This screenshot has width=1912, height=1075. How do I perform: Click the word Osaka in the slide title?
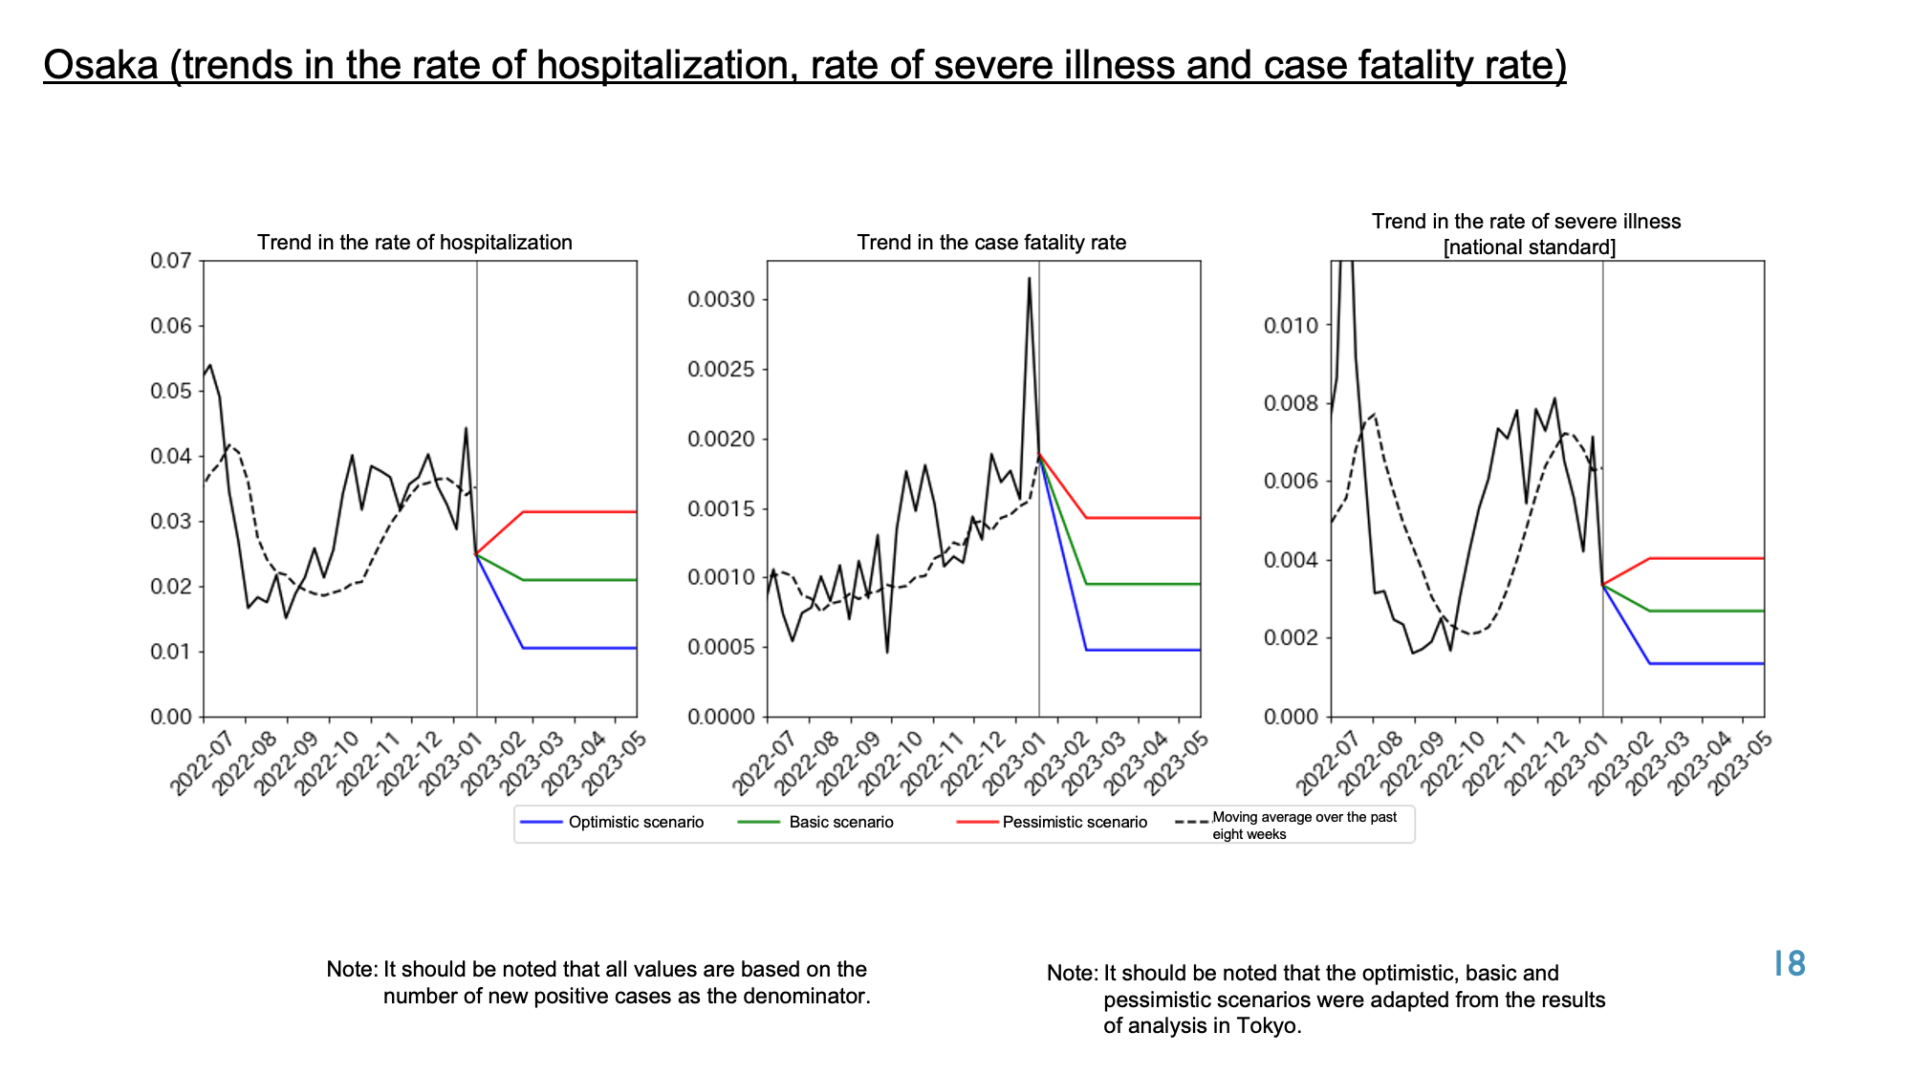[100, 65]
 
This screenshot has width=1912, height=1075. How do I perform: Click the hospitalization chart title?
[415, 243]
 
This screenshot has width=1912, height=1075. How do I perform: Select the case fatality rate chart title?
[991, 243]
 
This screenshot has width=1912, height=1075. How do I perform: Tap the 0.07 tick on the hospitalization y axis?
[171, 261]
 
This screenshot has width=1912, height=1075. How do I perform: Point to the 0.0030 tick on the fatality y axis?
[722, 300]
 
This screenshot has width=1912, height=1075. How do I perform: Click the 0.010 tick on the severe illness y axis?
[1291, 326]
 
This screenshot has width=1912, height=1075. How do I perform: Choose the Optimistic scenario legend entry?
[612, 822]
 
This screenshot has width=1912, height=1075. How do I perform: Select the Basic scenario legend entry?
[816, 822]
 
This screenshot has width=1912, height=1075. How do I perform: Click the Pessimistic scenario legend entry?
[1052, 822]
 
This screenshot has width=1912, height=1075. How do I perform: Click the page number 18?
[1790, 964]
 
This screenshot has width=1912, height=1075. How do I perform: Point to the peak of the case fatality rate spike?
[1029, 278]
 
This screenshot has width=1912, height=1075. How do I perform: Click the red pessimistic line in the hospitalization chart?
[579, 512]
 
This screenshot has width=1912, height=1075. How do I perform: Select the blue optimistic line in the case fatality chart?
[1142, 650]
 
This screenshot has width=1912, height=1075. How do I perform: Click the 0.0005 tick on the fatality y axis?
[722, 648]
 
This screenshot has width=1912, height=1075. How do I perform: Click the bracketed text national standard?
[1530, 247]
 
